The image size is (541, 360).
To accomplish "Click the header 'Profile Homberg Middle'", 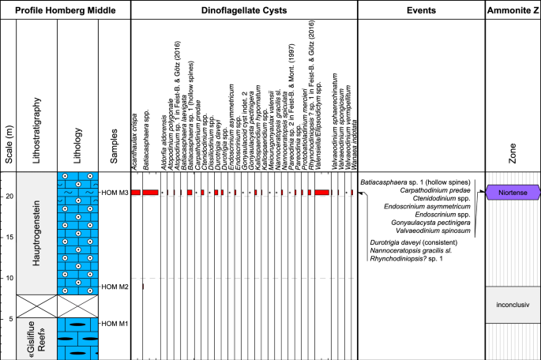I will tap(65, 9).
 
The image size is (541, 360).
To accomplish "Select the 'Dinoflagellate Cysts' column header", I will tap(243, 9).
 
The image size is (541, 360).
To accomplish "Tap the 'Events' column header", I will tap(421, 9).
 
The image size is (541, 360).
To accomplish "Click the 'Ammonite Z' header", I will tap(513, 9).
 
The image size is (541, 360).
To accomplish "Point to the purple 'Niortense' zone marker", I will tap(513, 214).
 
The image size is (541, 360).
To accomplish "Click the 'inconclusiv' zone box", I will tap(513, 305).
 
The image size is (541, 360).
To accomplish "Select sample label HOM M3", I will tap(115, 215).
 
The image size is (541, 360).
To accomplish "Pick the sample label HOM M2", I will tap(115, 286).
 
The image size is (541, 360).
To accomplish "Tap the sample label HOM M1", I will tap(115, 323).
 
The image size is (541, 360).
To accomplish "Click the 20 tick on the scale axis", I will tap(9, 219).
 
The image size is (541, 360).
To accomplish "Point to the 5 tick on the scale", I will tap(9, 318).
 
